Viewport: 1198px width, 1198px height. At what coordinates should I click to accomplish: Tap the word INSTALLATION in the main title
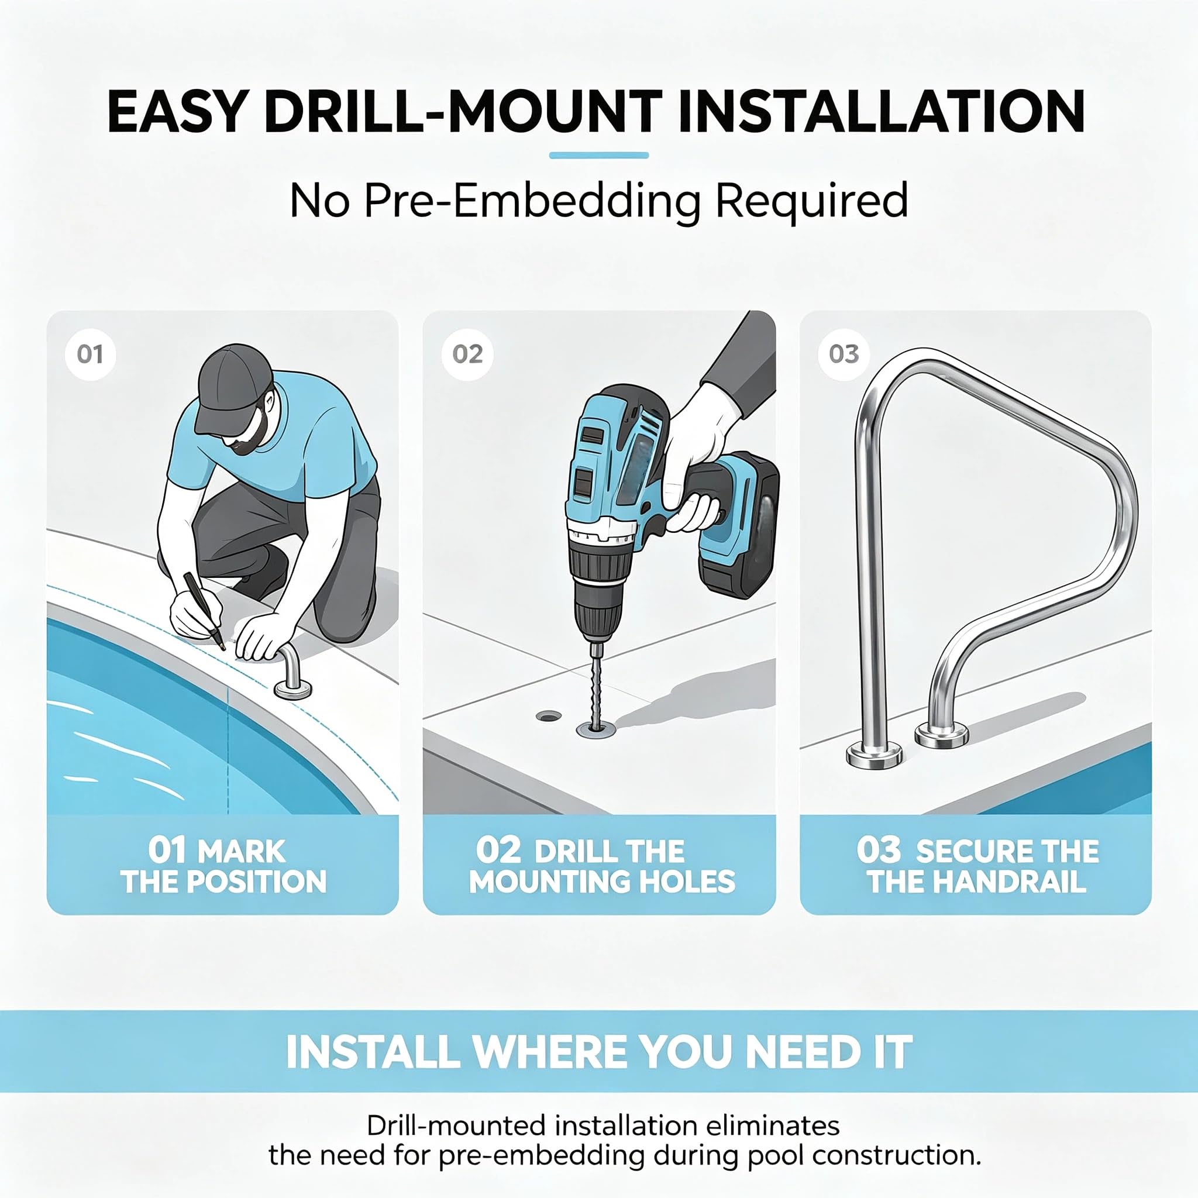881,112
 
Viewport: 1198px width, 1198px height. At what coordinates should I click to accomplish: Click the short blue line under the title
599,156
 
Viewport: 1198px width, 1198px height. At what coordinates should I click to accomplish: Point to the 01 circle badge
91,354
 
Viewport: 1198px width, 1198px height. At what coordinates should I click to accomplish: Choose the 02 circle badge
467,354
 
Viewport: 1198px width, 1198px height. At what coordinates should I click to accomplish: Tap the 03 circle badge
844,354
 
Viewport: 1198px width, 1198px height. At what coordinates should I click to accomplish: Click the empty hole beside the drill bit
547,716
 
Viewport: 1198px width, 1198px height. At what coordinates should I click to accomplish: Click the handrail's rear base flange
942,736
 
